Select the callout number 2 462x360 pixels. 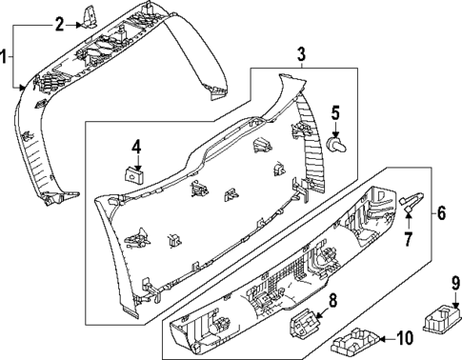click(59, 24)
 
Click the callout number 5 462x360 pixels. click(334, 113)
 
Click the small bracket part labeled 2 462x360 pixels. click(91, 15)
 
